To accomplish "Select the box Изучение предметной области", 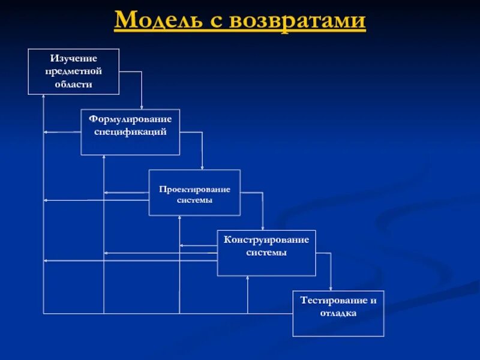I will [x=74, y=71].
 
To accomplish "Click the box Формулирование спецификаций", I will [x=130, y=132].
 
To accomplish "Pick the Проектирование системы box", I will [x=194, y=193].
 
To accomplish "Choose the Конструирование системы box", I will [x=266, y=253].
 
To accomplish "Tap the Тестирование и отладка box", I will [x=338, y=313].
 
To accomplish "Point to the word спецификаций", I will [x=130, y=131].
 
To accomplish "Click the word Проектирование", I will [x=194, y=189].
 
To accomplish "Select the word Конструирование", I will [x=266, y=240].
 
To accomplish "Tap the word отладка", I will [x=338, y=313].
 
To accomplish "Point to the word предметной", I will [x=74, y=71].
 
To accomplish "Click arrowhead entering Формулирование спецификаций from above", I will [x=142, y=107].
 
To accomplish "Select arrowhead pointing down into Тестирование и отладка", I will [x=331, y=288].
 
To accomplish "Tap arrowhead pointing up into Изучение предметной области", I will [x=43, y=98].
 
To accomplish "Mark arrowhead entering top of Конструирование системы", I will [x=263, y=228].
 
